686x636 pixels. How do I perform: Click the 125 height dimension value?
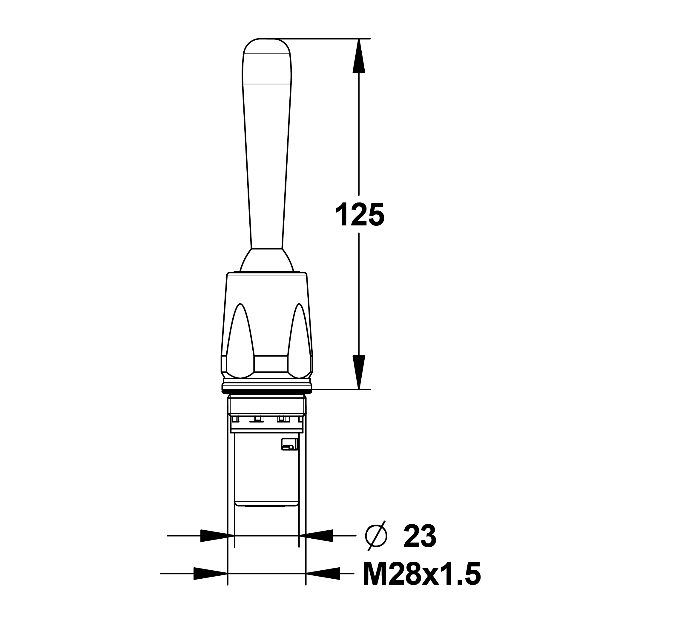pos(360,215)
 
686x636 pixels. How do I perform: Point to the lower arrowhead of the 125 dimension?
pos(359,372)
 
